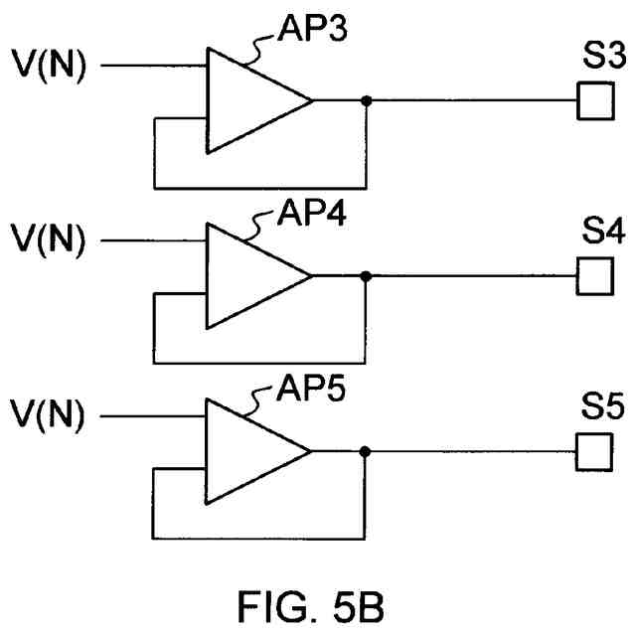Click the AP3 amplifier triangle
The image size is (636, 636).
[x=248, y=100]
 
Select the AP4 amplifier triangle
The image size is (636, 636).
[x=248, y=275]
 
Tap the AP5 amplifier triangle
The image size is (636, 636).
[x=248, y=450]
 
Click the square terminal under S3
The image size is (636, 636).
[x=593, y=100]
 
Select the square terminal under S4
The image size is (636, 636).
[x=593, y=275]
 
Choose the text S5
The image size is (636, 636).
[x=603, y=409]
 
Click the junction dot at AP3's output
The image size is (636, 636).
[x=367, y=100]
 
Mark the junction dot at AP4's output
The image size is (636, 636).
[x=367, y=275]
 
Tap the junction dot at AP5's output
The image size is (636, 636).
[x=367, y=450]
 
